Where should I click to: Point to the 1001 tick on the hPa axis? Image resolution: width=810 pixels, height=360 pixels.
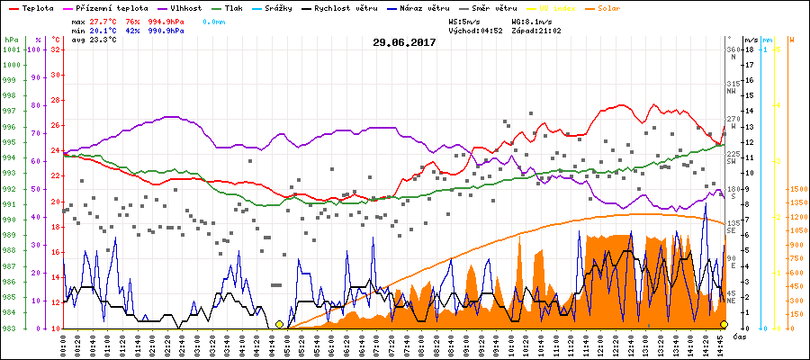tap(12, 49)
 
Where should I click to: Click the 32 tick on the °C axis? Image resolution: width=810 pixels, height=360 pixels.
tap(55, 49)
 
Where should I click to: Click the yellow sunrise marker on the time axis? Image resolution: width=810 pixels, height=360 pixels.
tap(279, 325)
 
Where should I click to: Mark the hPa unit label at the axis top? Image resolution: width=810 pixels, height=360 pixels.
tap(10, 40)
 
